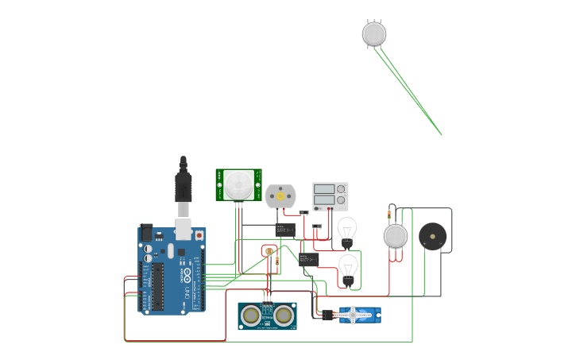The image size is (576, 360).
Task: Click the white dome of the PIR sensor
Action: (237, 185)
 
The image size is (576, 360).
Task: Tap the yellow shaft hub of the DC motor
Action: (280, 194)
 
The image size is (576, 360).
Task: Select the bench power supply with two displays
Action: (330, 195)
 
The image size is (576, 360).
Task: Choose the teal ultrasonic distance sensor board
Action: (267, 315)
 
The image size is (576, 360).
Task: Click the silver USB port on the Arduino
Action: (184, 229)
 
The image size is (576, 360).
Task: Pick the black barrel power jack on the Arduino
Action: (146, 232)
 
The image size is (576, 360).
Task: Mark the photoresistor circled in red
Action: (269, 251)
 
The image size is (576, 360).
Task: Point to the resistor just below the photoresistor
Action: (276, 262)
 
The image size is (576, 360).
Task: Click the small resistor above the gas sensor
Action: (389, 213)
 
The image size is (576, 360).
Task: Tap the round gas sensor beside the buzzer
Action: (395, 236)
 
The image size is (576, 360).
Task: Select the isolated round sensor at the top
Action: (374, 33)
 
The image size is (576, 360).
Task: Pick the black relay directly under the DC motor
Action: (285, 230)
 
